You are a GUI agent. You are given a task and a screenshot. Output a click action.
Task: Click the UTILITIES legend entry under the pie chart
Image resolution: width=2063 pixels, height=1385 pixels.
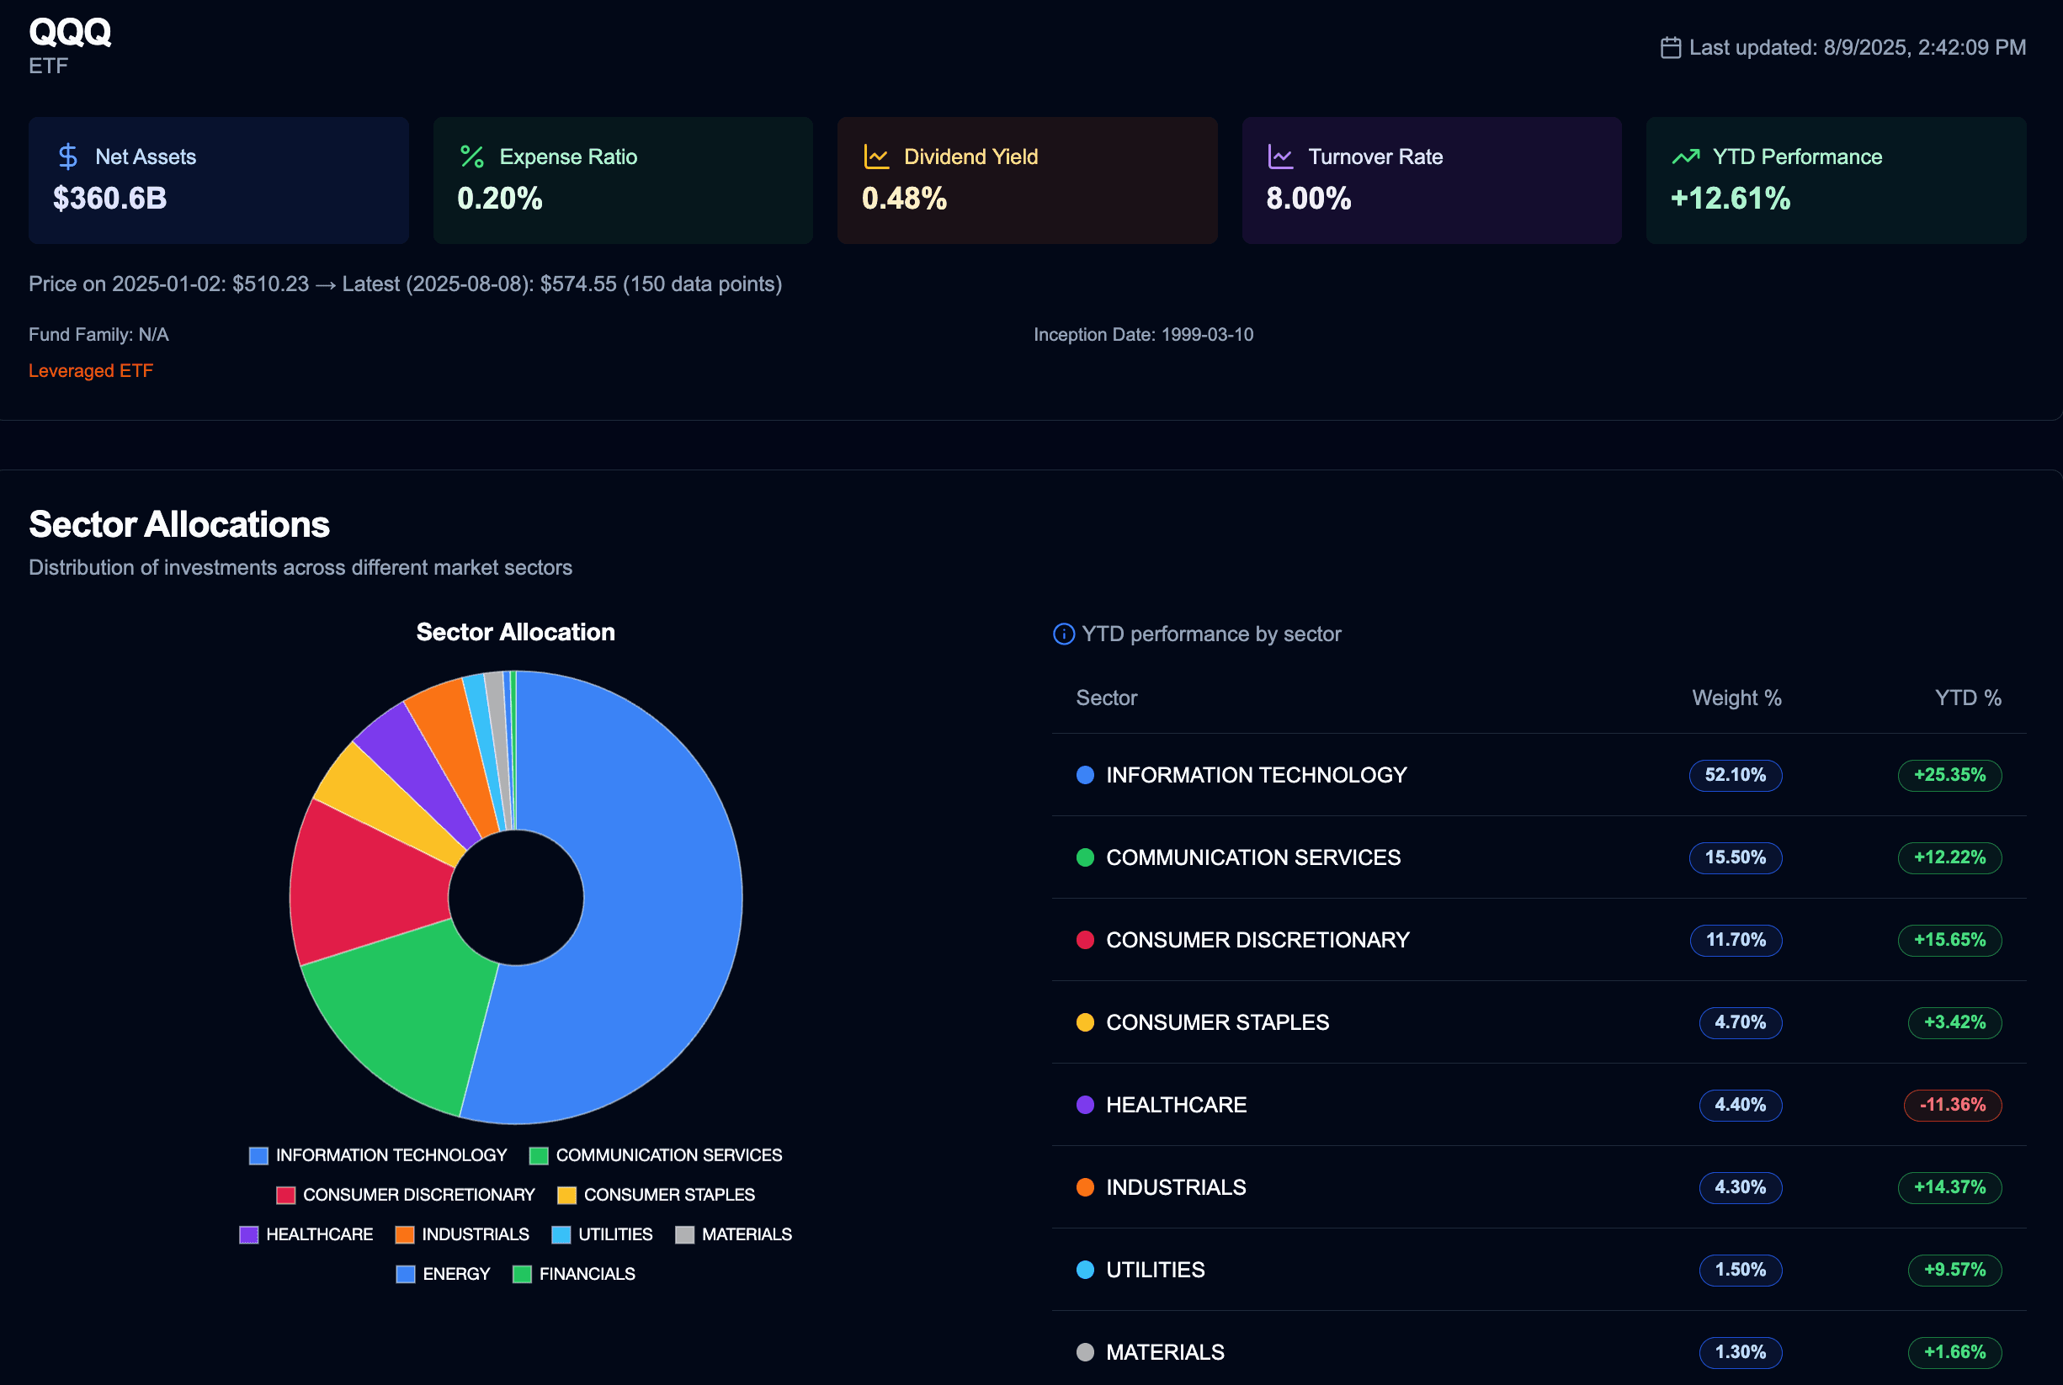coord(602,1234)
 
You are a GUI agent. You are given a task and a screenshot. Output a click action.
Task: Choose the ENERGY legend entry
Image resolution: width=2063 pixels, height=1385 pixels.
coord(443,1274)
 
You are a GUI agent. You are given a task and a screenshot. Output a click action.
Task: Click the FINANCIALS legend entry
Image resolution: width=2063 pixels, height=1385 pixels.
coord(573,1274)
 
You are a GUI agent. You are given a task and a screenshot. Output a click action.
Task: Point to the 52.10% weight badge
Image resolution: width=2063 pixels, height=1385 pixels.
coord(1735,775)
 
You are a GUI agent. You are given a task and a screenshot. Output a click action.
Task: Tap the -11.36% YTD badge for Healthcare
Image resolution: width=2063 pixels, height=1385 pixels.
coord(1952,1104)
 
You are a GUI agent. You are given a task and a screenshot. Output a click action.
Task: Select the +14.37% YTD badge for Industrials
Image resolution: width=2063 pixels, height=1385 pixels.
coord(1949,1187)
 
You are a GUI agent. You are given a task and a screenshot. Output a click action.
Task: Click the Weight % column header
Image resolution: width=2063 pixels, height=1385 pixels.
coord(1736,698)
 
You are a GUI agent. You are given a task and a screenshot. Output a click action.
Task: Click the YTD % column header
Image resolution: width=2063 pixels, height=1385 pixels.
coord(1968,698)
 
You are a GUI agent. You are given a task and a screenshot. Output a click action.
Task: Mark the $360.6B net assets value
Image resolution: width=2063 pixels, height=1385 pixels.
coord(109,198)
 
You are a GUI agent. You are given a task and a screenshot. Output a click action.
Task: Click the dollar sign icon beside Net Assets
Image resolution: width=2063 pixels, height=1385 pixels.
coord(68,157)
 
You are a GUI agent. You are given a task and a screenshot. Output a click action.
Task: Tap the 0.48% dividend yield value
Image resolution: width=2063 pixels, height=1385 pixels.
coord(904,198)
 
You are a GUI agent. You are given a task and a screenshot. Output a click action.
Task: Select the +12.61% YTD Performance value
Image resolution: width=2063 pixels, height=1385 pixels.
coord(1730,198)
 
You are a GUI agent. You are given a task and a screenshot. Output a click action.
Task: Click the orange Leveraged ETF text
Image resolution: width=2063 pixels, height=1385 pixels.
coord(90,371)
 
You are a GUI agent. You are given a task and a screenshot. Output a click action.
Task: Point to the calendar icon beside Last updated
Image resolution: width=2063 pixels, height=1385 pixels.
coord(1670,48)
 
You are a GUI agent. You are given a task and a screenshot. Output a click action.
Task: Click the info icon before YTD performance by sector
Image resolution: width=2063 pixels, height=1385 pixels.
coord(1064,634)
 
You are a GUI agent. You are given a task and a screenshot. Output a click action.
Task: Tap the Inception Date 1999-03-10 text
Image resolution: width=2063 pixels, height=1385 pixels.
coord(1142,335)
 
